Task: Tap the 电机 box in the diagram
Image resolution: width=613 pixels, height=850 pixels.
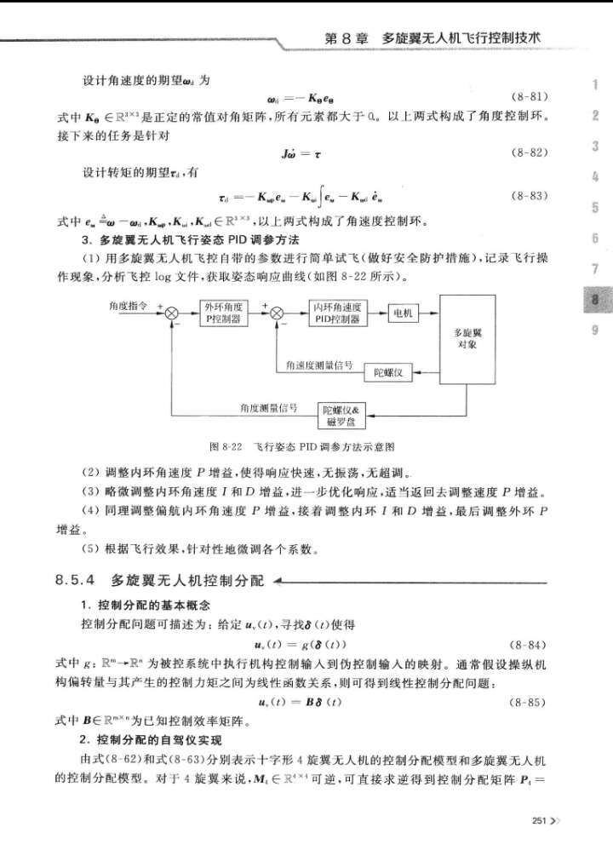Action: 403,313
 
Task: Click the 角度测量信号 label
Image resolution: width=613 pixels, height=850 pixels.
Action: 269,407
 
